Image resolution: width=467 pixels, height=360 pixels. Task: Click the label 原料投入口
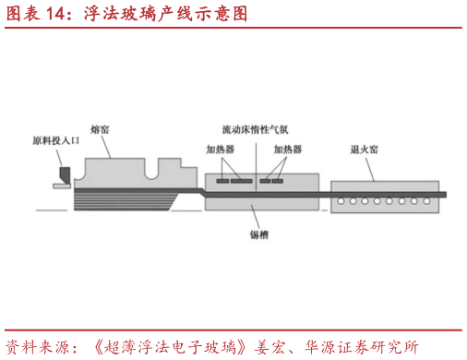tap(57, 141)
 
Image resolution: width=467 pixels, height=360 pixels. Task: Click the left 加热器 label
tap(222, 149)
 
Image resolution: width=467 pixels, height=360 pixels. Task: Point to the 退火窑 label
tap(363, 149)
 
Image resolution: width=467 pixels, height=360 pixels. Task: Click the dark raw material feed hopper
tap(64, 173)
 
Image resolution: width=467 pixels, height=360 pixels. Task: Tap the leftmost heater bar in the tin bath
tap(222, 181)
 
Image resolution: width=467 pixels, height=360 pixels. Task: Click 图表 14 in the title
tap(32, 14)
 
